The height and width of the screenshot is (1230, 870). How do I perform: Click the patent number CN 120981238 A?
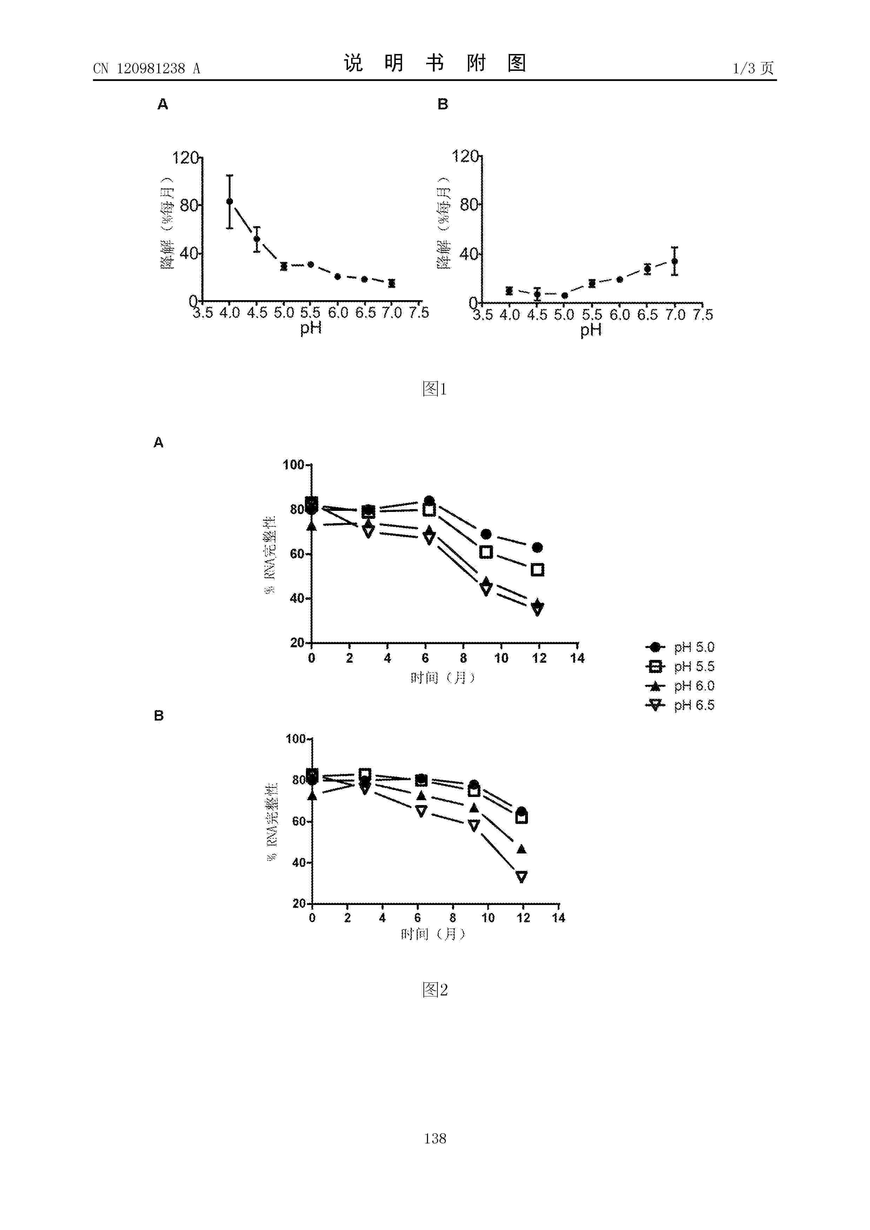[146, 69]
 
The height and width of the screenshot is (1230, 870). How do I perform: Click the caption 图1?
[434, 388]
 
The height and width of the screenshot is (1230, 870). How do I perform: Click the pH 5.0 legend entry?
[680, 647]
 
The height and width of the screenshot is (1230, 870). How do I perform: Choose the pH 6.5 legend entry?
[680, 705]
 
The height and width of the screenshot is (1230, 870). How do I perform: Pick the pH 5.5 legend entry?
[680, 667]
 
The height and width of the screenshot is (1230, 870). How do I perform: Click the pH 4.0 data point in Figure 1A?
[229, 201]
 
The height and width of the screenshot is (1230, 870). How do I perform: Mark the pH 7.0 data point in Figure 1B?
[674, 261]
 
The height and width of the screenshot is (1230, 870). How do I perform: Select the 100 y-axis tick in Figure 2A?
[293, 465]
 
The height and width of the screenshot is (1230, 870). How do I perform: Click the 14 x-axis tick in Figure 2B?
[558, 918]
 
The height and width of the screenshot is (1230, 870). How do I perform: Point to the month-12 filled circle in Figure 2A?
[537, 547]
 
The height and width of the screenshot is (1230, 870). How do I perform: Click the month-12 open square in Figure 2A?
[537, 570]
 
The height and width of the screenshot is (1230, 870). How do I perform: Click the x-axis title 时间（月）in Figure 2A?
[443, 678]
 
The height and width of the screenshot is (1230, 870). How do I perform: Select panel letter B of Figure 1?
[443, 104]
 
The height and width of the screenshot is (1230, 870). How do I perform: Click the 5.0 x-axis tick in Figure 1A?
[283, 312]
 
